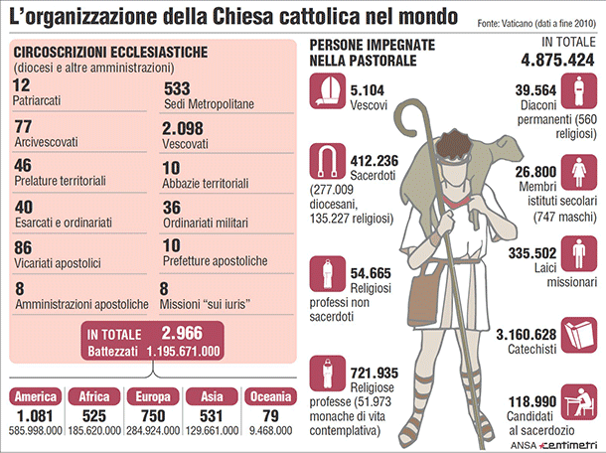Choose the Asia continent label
click(x=211, y=396)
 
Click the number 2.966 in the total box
click(x=182, y=335)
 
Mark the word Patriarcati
click(x=45, y=103)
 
